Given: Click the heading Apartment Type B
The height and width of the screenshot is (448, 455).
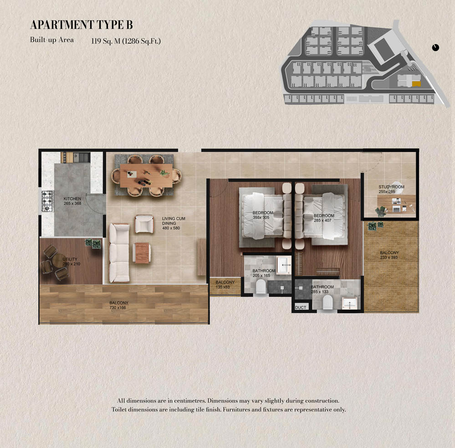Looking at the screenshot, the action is click(x=81, y=25).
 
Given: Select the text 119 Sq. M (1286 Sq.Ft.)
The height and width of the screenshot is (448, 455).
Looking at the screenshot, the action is click(x=126, y=41).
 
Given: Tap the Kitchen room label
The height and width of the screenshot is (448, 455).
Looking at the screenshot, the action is click(x=72, y=199).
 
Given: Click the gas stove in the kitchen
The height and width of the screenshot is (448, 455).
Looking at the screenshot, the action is click(x=47, y=201).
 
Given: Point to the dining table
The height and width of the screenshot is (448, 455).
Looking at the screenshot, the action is click(x=146, y=176).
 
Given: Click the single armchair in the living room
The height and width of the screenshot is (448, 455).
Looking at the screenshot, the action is click(x=144, y=224).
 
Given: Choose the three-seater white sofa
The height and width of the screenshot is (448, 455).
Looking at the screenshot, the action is click(x=119, y=253).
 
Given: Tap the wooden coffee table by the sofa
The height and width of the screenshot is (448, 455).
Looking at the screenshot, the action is click(x=142, y=253).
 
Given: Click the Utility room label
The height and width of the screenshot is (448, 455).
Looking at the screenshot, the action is click(x=70, y=259).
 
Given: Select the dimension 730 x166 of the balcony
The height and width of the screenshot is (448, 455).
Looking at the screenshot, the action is click(x=118, y=308).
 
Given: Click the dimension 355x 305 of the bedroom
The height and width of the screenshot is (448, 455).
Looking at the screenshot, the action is click(x=261, y=217).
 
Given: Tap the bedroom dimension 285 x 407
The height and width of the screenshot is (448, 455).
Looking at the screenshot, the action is click(x=322, y=220).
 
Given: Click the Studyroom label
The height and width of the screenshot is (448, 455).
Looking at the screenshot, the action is click(x=391, y=187).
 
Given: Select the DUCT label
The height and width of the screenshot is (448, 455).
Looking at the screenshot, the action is click(x=300, y=308).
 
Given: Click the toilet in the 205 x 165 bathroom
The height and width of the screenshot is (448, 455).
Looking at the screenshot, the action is click(x=261, y=287).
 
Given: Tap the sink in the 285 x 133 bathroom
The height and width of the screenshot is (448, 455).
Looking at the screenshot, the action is click(x=349, y=303).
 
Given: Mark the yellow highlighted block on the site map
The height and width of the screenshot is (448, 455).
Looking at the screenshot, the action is click(x=416, y=84).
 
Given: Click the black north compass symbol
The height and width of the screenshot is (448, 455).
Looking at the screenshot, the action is click(x=435, y=48).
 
